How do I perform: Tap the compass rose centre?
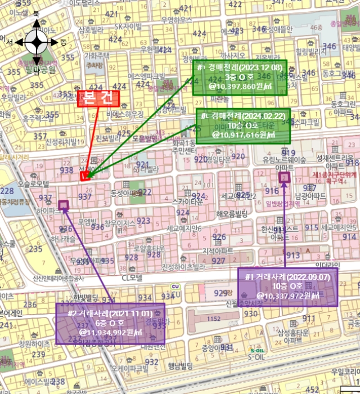(x=37, y=42)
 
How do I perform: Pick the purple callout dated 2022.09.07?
(x=287, y=286)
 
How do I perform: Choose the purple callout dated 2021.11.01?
(x=110, y=323)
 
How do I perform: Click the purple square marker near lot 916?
(x=284, y=178)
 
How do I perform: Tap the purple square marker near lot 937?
(x=63, y=205)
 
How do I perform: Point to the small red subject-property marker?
(x=84, y=177)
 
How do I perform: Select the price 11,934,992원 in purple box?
(x=111, y=332)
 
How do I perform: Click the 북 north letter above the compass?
(x=37, y=12)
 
